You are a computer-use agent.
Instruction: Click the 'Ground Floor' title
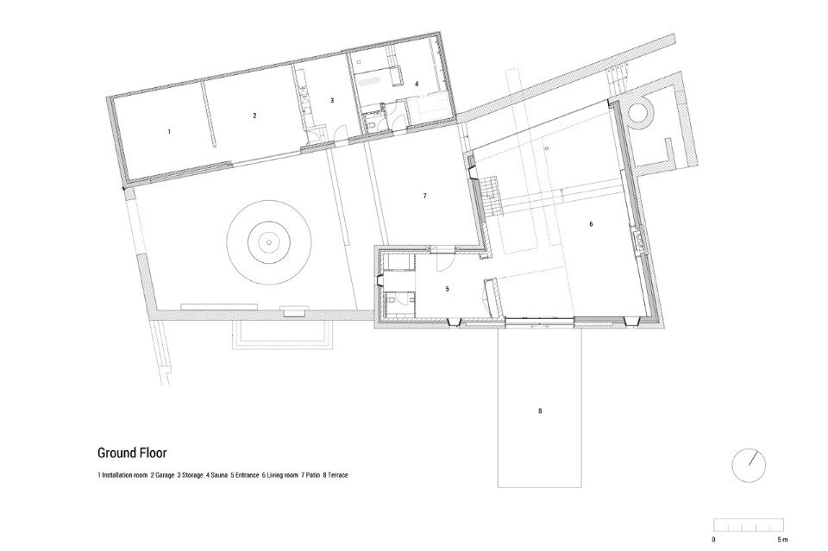[x=132, y=453]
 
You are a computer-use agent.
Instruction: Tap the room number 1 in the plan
[x=169, y=131]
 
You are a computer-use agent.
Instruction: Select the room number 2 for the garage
[x=254, y=115]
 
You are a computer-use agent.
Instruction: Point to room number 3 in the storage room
[x=332, y=100]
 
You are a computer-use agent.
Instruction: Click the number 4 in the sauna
[x=417, y=84]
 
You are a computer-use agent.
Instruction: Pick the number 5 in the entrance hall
[x=448, y=289]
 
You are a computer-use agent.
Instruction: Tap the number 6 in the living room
[x=591, y=224]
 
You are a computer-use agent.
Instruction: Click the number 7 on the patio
[x=425, y=197]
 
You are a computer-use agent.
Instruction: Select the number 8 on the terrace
[x=540, y=410]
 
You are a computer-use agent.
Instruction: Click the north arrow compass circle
[x=749, y=466]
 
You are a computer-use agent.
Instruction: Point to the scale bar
[x=749, y=524]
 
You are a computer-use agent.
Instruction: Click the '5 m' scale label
[x=782, y=540]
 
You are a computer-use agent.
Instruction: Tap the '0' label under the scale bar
[x=714, y=540]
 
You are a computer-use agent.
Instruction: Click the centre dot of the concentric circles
[x=269, y=243]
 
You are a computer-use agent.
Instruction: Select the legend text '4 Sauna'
[x=217, y=475]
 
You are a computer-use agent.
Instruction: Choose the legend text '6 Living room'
[x=279, y=475]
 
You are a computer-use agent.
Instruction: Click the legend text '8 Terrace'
[x=336, y=475]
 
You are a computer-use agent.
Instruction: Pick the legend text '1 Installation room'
[x=122, y=475]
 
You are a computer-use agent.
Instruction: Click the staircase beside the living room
[x=490, y=195]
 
